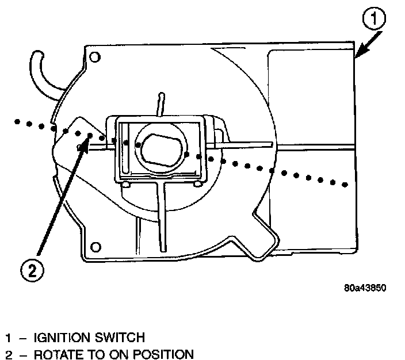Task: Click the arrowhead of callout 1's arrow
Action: (x=358, y=55)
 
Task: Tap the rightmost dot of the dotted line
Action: (x=346, y=184)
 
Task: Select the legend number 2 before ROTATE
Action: (x=8, y=354)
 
